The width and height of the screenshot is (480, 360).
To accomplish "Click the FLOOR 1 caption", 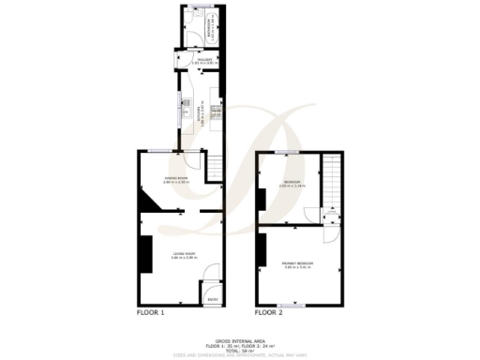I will point(151,311).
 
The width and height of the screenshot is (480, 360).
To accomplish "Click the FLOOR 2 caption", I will point(270,311).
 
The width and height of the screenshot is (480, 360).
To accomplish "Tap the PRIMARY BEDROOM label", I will point(299,265).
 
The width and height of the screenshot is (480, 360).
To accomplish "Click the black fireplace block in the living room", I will point(145,253).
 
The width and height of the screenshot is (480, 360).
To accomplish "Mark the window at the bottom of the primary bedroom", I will point(298,305).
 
